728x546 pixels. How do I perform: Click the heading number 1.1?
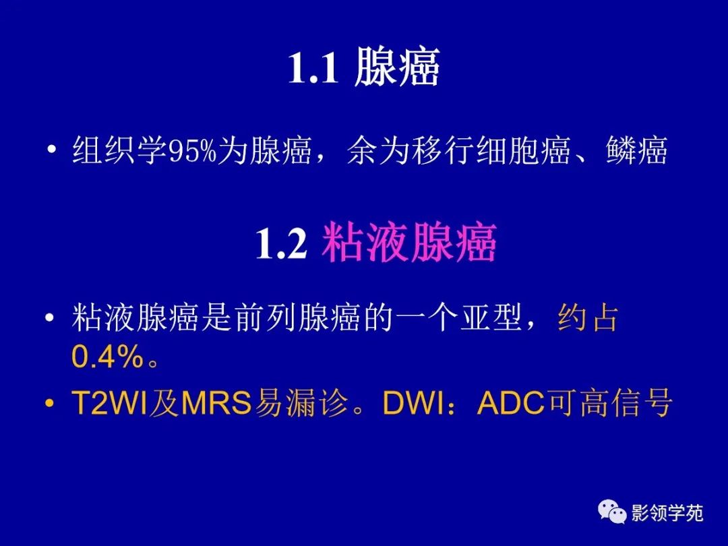pyautogui.click(x=313, y=69)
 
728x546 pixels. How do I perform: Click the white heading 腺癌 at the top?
pyautogui.click(x=396, y=67)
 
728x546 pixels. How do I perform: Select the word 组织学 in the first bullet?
pyautogui.click(x=119, y=152)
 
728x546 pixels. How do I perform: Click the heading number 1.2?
pyautogui.click(x=280, y=244)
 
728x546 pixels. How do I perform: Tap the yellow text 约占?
pyautogui.click(x=588, y=319)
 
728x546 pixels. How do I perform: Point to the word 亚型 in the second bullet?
pyautogui.click(x=495, y=319)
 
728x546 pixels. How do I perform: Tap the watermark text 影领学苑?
pyautogui.click(x=667, y=514)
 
